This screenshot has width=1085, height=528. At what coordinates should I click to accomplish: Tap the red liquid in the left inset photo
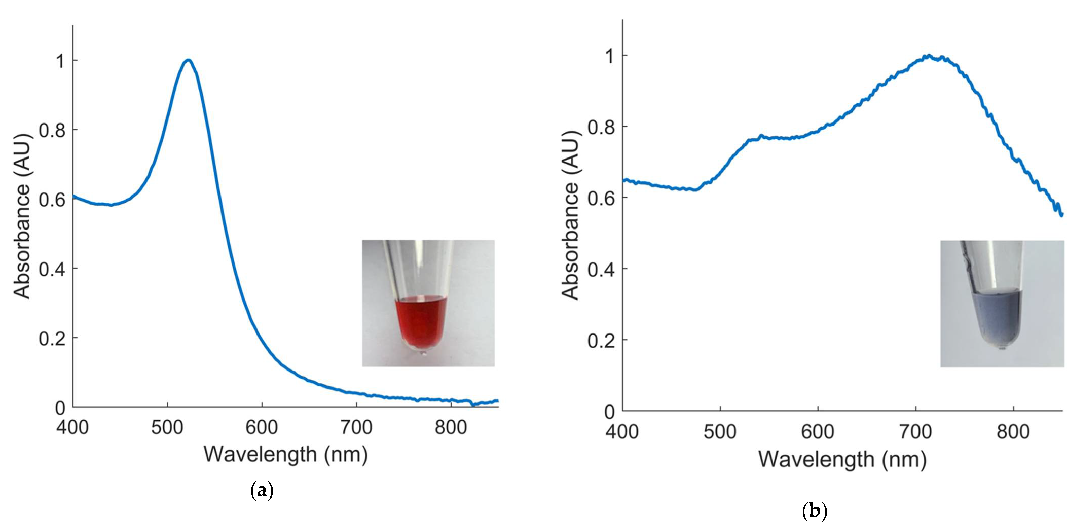coord(420,320)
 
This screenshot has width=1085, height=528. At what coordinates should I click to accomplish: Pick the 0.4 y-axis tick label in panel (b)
coord(601,270)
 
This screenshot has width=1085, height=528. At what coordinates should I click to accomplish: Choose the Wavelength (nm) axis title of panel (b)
coord(842,459)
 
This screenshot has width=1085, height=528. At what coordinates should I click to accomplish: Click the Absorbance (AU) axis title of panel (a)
coord(22,216)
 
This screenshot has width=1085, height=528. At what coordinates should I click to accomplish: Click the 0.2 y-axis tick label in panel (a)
coord(52,338)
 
